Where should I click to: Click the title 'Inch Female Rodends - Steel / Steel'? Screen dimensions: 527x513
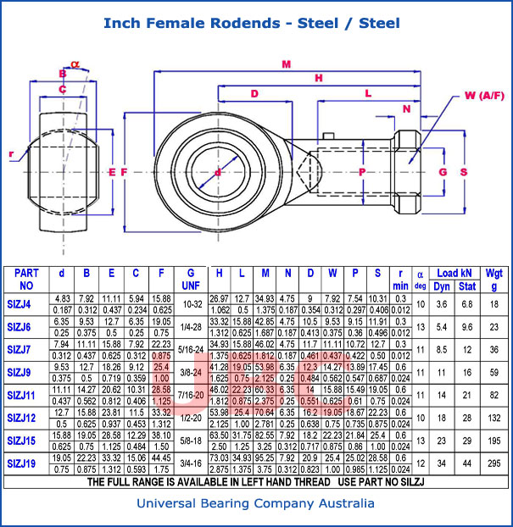(x=251, y=23)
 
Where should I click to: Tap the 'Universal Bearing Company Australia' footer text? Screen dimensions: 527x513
(x=256, y=504)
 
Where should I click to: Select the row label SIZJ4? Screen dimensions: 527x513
(x=19, y=304)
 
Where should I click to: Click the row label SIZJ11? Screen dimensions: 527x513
(x=21, y=396)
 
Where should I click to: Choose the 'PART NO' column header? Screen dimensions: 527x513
(x=26, y=280)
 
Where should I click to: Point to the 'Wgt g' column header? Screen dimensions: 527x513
(x=494, y=280)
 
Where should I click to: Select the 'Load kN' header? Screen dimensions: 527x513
(x=454, y=273)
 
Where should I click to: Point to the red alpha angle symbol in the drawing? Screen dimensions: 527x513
(x=75, y=63)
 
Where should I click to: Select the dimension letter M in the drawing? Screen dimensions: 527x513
(x=286, y=64)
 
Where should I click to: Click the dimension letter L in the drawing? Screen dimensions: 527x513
(x=367, y=93)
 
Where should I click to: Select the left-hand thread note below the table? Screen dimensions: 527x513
(x=256, y=482)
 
